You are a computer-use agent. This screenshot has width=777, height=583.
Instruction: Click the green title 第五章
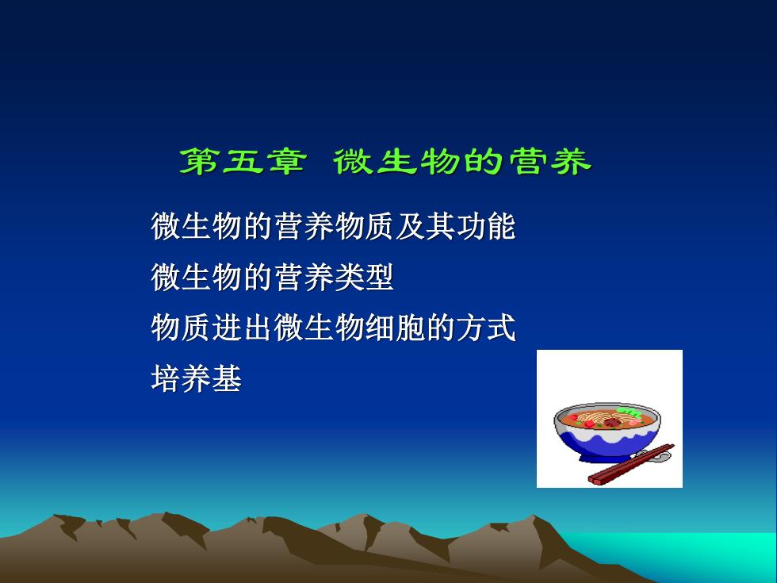[243, 161]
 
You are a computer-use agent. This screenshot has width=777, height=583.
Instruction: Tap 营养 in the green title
[550, 161]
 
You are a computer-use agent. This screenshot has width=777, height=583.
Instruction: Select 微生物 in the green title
[396, 161]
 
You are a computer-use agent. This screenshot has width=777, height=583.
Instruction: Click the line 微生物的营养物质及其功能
[334, 227]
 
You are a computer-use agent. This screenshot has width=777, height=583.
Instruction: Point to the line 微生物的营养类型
[272, 277]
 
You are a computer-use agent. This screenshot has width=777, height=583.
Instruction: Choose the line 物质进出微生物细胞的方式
[334, 328]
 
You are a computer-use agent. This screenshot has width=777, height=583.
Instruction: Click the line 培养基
[197, 379]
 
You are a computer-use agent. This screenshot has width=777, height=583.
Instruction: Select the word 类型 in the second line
[364, 277]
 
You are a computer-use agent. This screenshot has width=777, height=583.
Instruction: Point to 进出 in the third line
[242, 328]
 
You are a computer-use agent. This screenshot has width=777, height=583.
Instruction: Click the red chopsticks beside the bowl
[631, 465]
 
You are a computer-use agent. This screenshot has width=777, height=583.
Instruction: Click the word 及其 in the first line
[425, 227]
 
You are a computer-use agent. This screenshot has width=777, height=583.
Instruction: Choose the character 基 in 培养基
[227, 379]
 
